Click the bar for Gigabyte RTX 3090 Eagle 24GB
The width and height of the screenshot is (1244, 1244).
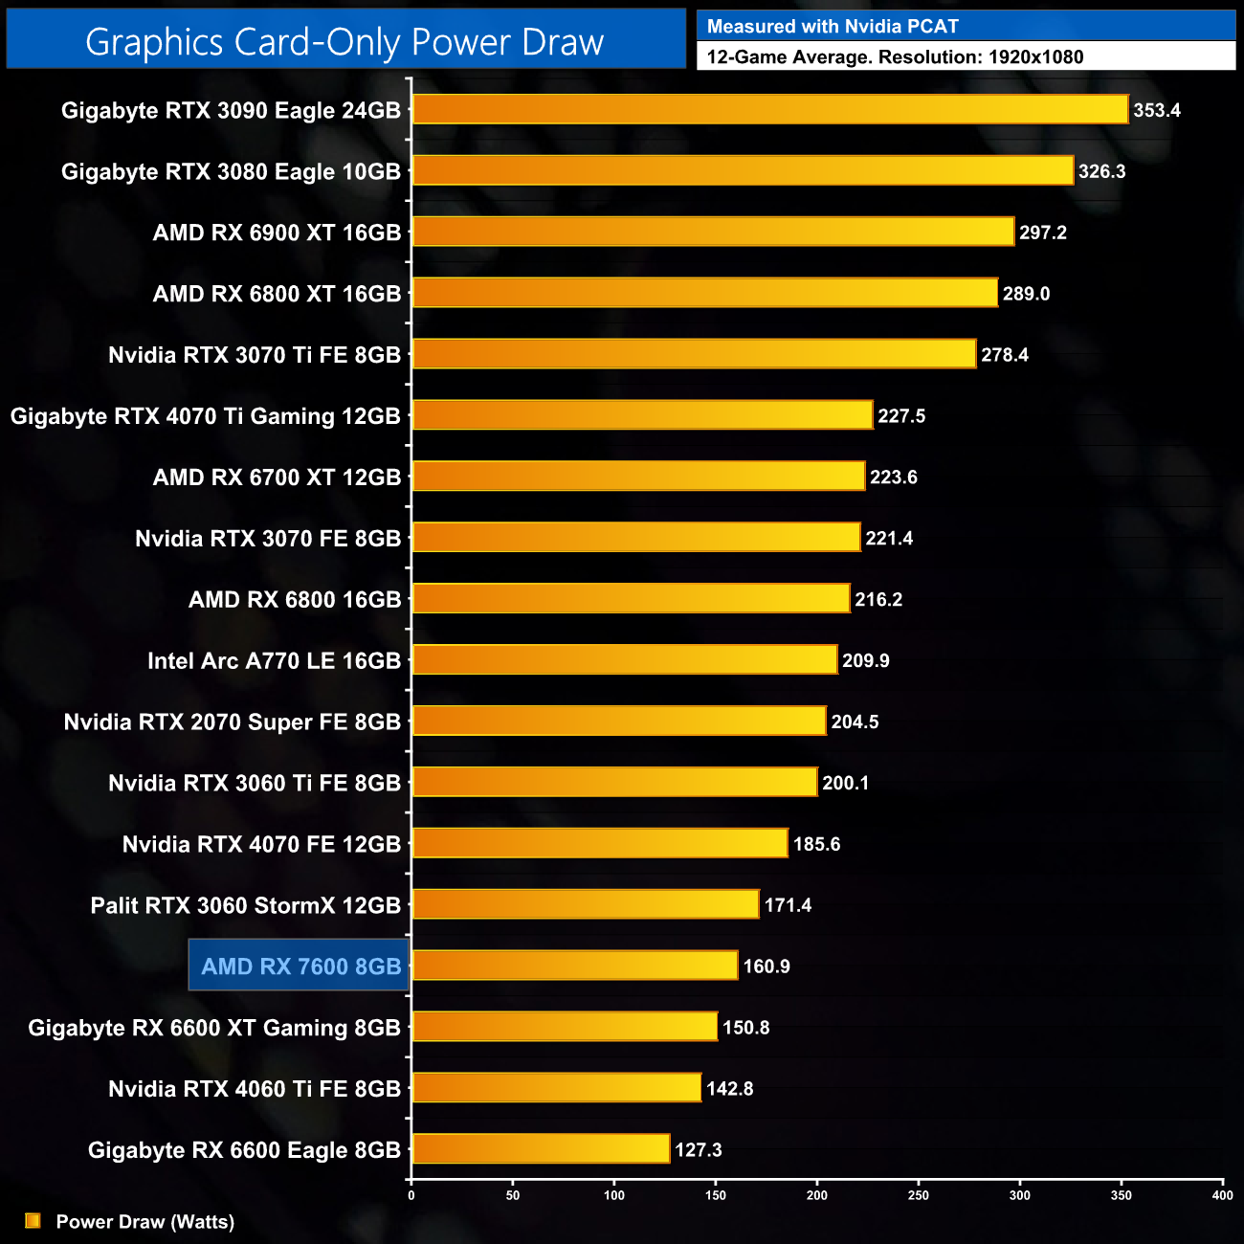(770, 109)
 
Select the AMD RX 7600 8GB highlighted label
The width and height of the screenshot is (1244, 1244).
(300, 966)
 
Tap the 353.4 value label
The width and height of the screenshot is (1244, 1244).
(1157, 110)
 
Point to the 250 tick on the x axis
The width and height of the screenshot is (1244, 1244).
(919, 1194)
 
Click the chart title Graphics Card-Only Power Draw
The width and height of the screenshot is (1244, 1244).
(344, 42)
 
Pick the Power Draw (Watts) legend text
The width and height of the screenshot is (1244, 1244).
(144, 1221)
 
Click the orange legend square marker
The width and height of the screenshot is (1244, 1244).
(33, 1220)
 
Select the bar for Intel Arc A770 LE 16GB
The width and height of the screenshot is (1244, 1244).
(625, 659)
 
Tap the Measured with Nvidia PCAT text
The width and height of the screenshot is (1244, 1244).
(833, 27)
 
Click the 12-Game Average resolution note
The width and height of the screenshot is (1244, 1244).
(895, 56)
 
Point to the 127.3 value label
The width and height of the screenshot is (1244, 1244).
(699, 1149)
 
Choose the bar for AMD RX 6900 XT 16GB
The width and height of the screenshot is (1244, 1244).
(713, 232)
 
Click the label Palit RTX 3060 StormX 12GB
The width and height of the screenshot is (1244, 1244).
(245, 905)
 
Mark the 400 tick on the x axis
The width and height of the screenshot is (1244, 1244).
(1222, 1194)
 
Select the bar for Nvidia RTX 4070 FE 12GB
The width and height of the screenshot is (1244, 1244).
(600, 843)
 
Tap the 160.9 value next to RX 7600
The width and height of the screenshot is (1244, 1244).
(766, 966)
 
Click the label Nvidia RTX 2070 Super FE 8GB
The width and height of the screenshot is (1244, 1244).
(232, 722)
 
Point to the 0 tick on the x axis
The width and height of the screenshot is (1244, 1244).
(411, 1194)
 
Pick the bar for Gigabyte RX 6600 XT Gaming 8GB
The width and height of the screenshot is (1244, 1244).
(565, 1027)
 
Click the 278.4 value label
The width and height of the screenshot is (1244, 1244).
(1005, 355)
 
